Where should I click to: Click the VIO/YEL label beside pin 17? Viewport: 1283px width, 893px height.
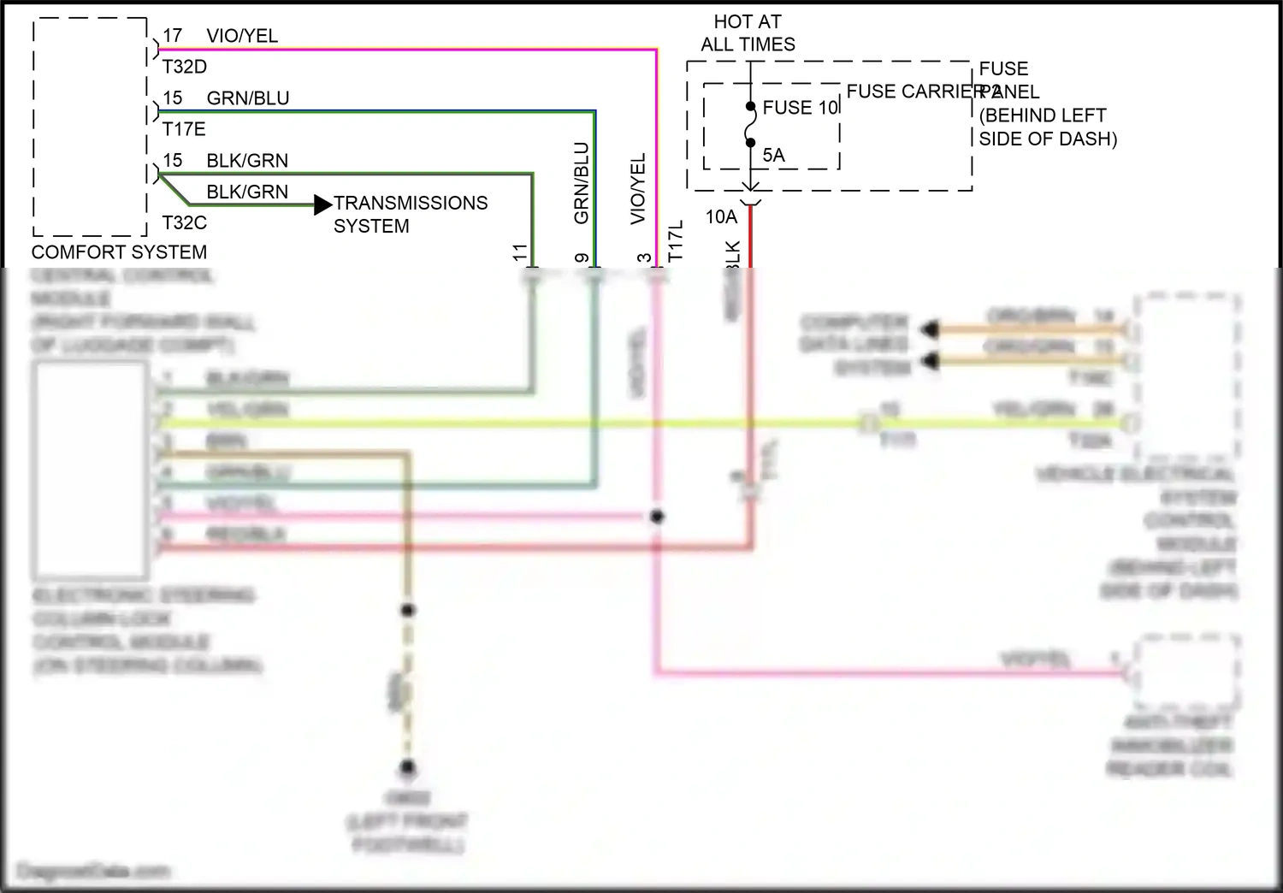[242, 36]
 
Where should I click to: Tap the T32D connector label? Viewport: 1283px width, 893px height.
[185, 67]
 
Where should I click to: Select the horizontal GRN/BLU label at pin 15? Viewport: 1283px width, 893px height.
[247, 98]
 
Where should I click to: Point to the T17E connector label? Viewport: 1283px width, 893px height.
[184, 129]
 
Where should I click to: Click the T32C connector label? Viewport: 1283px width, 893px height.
[185, 223]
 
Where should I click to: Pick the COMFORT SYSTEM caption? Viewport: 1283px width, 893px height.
[119, 252]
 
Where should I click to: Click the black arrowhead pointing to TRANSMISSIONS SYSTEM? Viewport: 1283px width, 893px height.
[322, 204]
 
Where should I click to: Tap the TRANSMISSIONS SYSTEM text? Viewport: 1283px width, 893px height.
[410, 215]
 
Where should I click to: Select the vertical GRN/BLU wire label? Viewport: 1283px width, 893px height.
[582, 183]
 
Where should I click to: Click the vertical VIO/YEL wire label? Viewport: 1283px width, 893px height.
[638, 189]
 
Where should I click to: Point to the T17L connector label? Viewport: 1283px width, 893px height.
[676, 240]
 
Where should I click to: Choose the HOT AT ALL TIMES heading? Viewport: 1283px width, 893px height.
[748, 33]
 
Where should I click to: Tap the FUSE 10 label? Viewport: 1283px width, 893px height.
[800, 108]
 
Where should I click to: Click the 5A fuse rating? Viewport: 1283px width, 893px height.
[773, 156]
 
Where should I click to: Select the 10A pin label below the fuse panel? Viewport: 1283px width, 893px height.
[721, 217]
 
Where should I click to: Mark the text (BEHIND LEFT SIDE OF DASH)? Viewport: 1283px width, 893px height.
[1048, 127]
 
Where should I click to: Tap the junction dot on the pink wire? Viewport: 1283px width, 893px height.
[657, 517]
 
